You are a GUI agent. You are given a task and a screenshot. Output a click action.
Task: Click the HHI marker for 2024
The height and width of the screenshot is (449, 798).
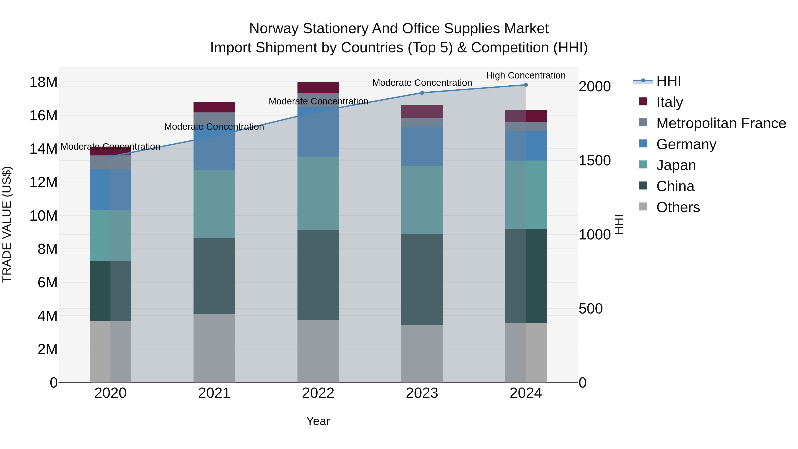coord(526,85)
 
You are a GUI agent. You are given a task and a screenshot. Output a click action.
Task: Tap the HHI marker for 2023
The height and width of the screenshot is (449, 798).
coord(422,93)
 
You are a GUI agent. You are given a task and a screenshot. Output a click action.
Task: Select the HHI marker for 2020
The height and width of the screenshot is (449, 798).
coord(111,157)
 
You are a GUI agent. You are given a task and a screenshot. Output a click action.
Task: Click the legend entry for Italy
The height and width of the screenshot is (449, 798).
coord(669,102)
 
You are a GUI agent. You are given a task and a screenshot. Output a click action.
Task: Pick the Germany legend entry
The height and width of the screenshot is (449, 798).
coord(686,144)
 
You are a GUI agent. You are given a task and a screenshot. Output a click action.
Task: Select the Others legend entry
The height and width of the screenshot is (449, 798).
coord(678,207)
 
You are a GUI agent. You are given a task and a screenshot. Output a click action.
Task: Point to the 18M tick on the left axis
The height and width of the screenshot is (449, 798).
coord(43,82)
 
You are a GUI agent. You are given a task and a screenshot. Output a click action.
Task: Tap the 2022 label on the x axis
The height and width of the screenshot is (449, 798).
coord(318,393)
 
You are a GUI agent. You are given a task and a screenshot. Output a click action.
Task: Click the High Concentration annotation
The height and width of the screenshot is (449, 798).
coord(526,75)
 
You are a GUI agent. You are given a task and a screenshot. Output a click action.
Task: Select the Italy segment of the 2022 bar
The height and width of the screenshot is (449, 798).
coord(318,88)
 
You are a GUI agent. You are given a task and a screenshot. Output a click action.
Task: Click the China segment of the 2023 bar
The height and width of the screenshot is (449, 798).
coord(422,280)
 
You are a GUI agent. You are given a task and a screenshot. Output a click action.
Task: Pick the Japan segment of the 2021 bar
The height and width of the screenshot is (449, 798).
coord(214,204)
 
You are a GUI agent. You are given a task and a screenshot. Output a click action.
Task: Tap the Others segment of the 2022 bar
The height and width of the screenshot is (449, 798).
coord(318,351)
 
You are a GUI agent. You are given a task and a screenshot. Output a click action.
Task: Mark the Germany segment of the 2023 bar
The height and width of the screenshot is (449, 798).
coord(422,146)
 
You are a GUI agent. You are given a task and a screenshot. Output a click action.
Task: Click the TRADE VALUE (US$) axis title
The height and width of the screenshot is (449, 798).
coord(7,224)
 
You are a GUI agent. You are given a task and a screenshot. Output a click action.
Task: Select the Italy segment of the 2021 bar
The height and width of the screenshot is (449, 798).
coord(214,107)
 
